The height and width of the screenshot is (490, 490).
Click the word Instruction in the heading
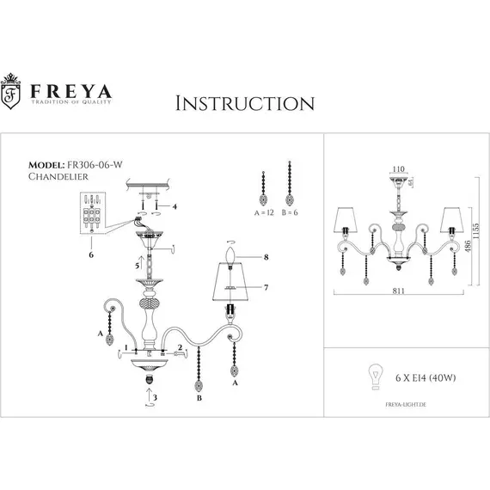(x=244, y=103)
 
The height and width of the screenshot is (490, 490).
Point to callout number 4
(x=175, y=206)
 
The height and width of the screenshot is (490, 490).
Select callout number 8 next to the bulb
(x=267, y=256)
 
